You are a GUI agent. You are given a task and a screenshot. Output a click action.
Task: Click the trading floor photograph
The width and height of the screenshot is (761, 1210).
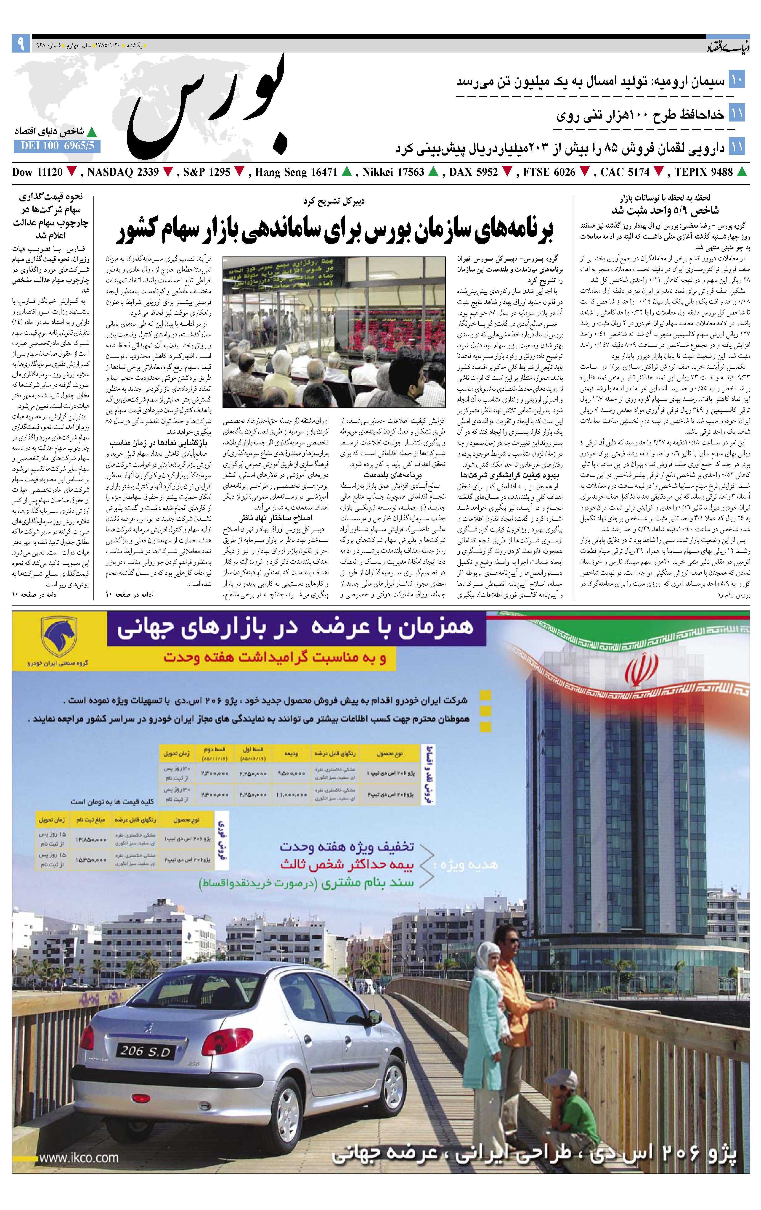click(334, 332)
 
